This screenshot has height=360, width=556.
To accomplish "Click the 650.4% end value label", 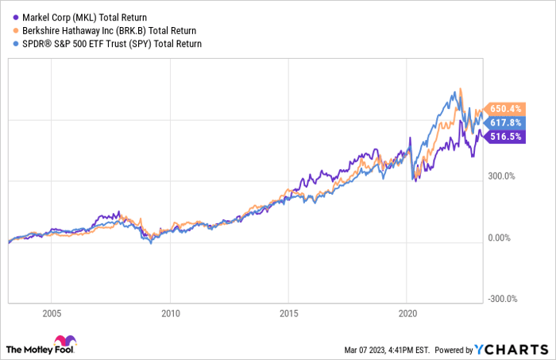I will click(505, 108).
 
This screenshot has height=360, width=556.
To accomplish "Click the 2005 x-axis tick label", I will click(52, 312).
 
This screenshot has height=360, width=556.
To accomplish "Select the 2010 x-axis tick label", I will click(170, 312).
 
